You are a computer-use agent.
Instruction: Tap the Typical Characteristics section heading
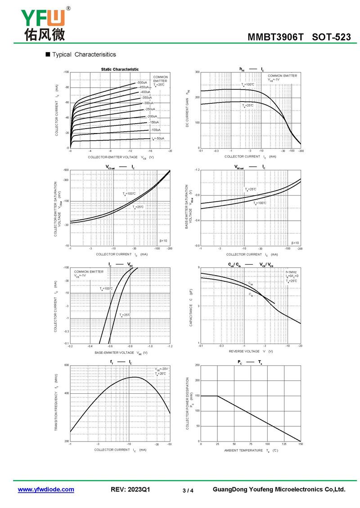click(x=84, y=54)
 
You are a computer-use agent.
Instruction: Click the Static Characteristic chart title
click(x=120, y=69)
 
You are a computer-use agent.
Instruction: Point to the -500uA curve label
click(x=142, y=83)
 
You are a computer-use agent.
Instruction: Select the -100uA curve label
click(x=155, y=130)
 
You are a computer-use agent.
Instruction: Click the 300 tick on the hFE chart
click(x=197, y=72)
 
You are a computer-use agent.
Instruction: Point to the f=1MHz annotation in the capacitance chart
click(x=291, y=272)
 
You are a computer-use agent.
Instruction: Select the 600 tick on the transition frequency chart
click(x=67, y=365)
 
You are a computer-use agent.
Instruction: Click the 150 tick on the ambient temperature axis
click(x=300, y=444)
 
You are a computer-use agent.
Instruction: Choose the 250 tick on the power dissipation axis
click(x=197, y=365)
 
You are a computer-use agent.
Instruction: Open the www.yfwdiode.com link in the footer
click(x=46, y=490)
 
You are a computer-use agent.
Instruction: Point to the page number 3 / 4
click(x=188, y=490)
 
